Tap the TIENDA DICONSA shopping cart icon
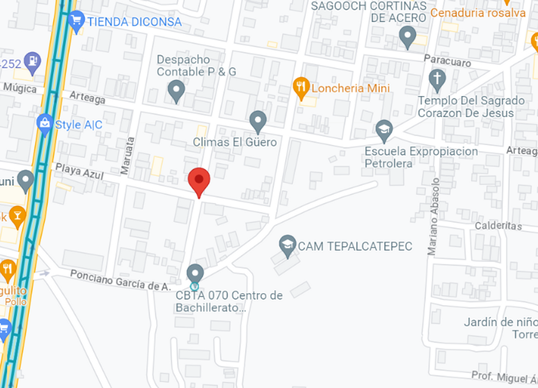[x=76, y=21]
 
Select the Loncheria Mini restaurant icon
[x=301, y=88]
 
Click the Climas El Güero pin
[x=258, y=121]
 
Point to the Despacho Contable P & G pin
[x=176, y=91]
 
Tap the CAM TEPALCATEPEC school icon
[x=288, y=245]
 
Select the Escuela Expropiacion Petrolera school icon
[x=384, y=130]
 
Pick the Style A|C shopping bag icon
[x=44, y=124]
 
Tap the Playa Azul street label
[x=80, y=173]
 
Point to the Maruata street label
[x=126, y=155]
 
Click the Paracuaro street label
[x=447, y=61]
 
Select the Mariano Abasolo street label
[x=433, y=217]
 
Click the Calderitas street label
[x=498, y=226]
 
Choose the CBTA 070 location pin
[x=195, y=274]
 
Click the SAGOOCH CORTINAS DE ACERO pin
[x=408, y=36]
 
